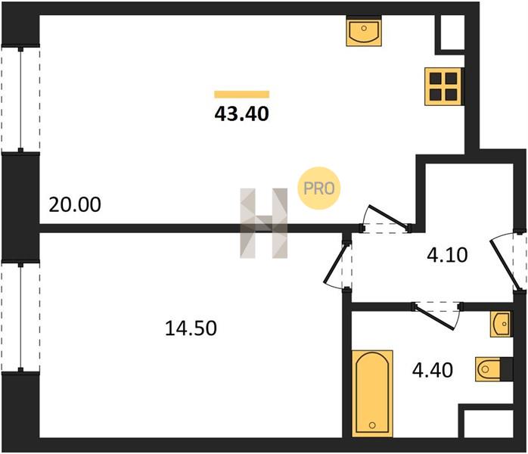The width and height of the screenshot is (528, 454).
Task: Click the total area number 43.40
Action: click(x=242, y=113)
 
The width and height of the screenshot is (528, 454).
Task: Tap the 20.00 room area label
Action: click(x=75, y=204)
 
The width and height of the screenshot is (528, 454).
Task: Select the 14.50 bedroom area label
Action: click(x=191, y=328)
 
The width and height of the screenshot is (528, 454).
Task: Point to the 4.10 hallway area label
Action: click(x=447, y=255)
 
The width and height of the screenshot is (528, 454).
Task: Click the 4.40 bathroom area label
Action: click(x=433, y=370)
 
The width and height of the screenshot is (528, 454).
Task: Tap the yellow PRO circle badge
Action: click(x=319, y=188)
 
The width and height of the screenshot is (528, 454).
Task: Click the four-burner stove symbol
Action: click(x=443, y=86)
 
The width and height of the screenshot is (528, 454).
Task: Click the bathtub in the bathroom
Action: click(x=372, y=393)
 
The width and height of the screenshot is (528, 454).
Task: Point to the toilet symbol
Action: click(x=488, y=369)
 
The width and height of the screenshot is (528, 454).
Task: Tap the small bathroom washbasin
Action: click(x=500, y=324)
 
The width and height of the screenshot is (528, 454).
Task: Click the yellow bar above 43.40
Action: click(x=242, y=95)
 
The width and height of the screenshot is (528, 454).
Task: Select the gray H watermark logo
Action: click(x=264, y=223)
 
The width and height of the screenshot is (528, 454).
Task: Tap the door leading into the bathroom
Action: click(x=436, y=316)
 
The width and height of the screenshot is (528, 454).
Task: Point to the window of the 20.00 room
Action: click(x=20, y=99)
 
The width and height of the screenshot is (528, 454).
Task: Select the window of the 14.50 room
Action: click(x=20, y=316)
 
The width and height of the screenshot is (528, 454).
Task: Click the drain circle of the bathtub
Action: click(x=372, y=425)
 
